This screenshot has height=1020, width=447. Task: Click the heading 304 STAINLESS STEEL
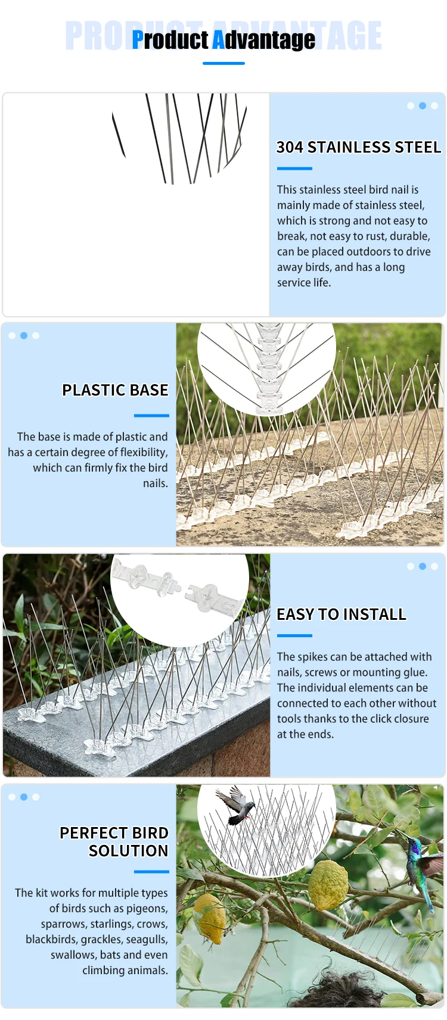click(359, 147)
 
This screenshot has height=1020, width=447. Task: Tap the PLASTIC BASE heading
click(115, 390)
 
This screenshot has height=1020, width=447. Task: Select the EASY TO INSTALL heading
click(342, 615)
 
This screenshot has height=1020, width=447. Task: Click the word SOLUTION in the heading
click(129, 851)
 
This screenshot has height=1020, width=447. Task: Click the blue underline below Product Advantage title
click(223, 63)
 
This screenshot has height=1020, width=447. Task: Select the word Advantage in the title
click(263, 40)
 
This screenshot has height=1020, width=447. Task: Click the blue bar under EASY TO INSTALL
click(294, 635)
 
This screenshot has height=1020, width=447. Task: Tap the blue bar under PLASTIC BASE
click(151, 416)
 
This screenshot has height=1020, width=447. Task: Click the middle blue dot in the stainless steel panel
click(423, 105)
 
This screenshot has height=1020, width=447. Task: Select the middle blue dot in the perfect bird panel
click(24, 797)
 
